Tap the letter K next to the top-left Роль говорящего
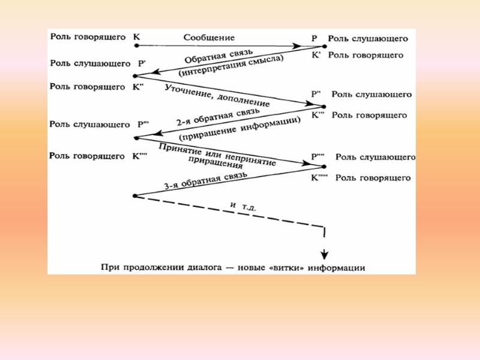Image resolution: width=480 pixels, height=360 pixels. [136, 37]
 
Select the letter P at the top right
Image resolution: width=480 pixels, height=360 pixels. [314, 38]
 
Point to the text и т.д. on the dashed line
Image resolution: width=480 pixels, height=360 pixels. [243, 205]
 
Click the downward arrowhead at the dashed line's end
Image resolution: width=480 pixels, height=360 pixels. [325, 253]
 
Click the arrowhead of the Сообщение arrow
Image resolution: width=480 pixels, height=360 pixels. [296, 46]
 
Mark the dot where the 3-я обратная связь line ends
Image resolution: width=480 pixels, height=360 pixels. [135, 196]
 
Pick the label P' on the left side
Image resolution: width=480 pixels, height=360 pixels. [142, 62]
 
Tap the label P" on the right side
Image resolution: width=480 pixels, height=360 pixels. [316, 95]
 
